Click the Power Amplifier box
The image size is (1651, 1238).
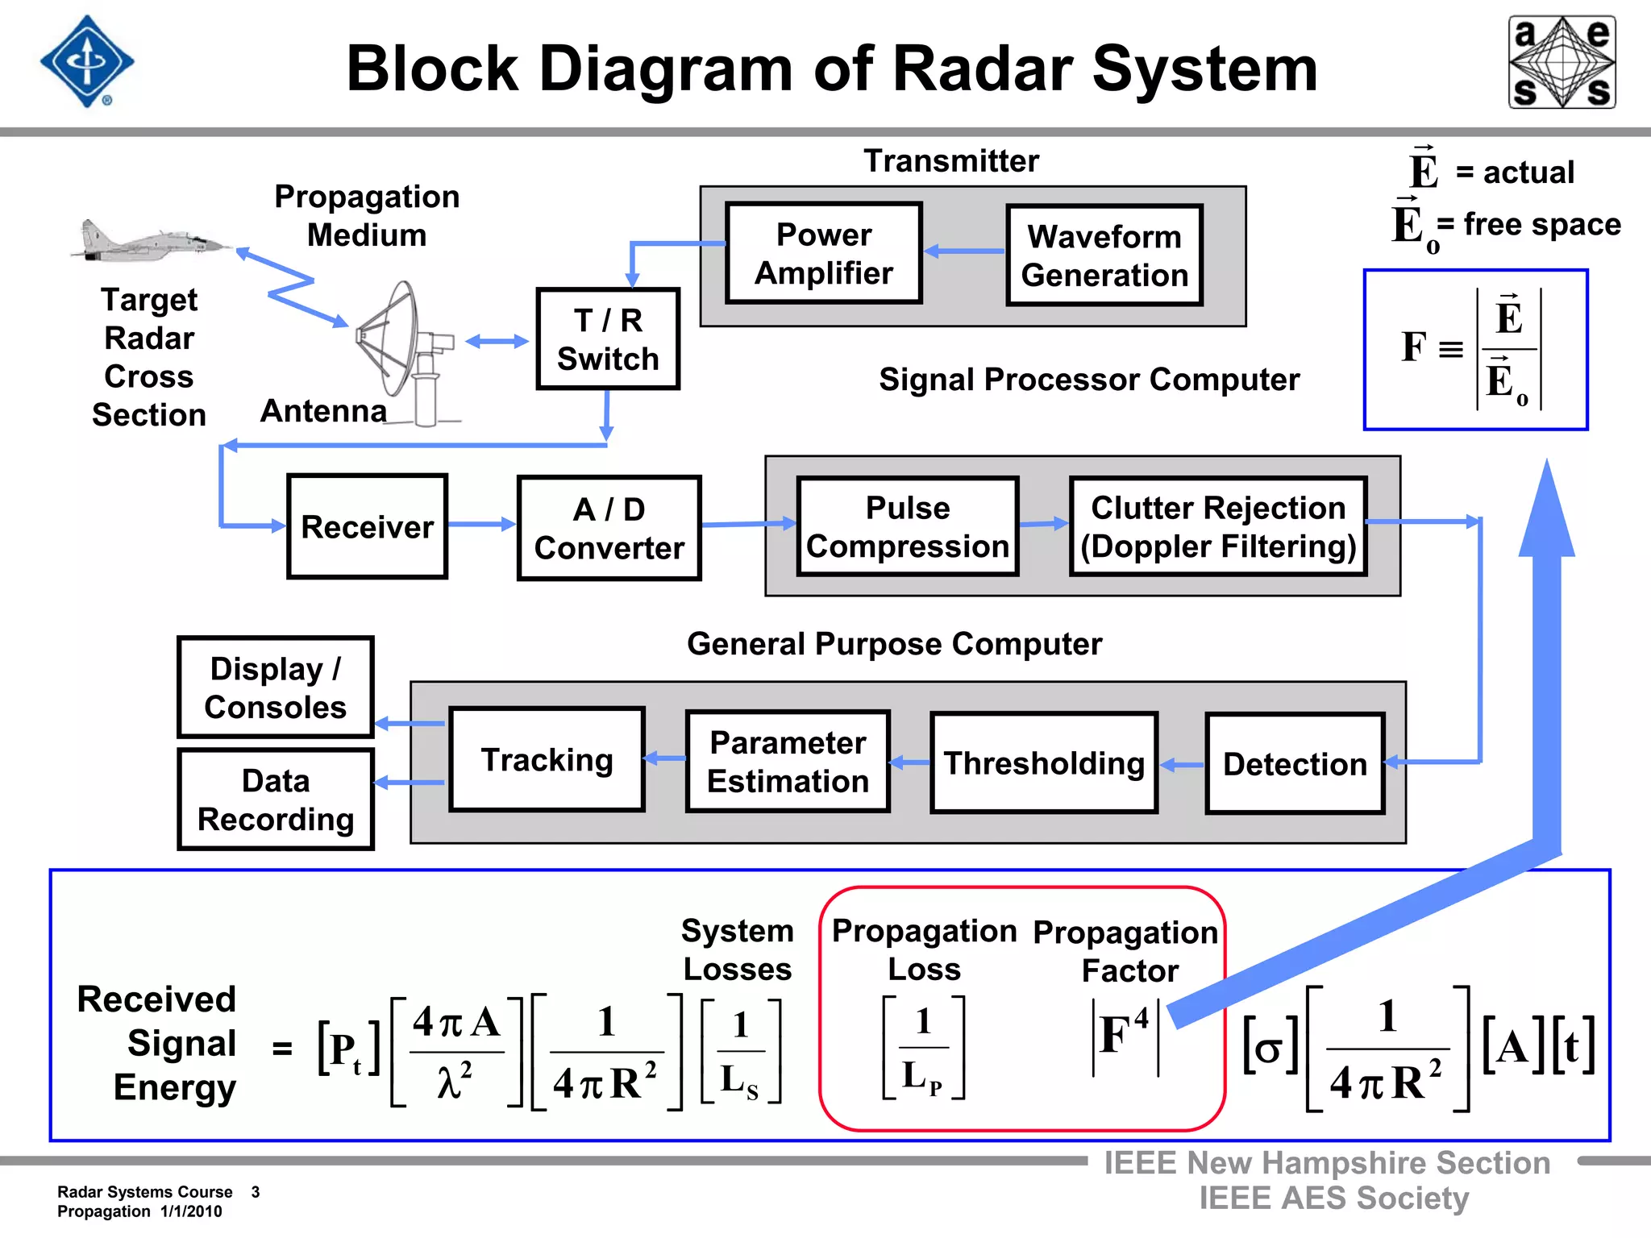[823, 253]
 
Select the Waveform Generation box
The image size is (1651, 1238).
[1104, 255]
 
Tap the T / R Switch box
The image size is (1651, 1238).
[608, 339]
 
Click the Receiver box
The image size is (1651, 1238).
[367, 526]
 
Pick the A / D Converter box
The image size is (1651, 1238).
[609, 528]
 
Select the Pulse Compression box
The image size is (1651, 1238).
[907, 526]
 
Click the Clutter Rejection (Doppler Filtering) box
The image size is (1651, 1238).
[1217, 526]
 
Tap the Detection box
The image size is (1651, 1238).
[1295, 763]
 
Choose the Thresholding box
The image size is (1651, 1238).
[1043, 762]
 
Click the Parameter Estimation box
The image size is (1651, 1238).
[788, 762]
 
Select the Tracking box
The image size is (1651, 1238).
[547, 759]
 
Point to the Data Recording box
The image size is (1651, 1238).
[276, 800]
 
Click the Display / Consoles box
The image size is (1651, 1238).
[276, 688]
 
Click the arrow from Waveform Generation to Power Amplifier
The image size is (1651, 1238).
[964, 251]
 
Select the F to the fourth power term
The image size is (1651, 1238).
[1125, 1035]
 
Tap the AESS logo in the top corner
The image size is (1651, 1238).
[1562, 62]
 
